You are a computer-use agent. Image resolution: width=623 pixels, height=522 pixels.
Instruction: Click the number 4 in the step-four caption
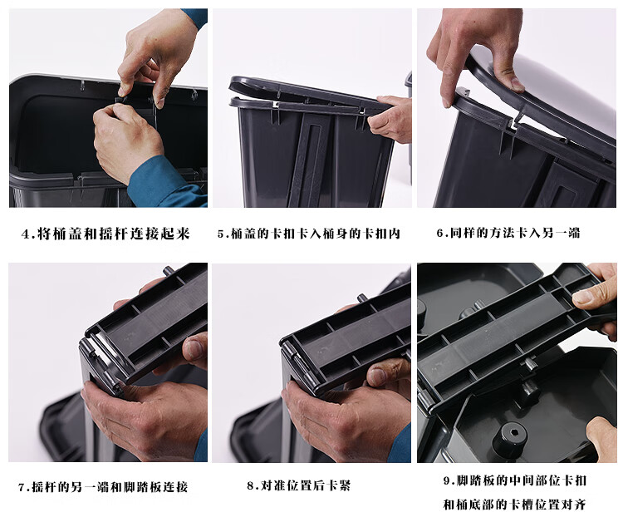(x=26, y=234)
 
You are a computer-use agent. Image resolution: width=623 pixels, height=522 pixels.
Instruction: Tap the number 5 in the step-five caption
(x=221, y=234)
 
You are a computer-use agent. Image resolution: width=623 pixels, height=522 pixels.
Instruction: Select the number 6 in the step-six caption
(x=439, y=233)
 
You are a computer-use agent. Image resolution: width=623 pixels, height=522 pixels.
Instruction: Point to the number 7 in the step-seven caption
(x=22, y=487)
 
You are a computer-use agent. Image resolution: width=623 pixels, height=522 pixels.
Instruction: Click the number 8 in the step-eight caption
(x=250, y=486)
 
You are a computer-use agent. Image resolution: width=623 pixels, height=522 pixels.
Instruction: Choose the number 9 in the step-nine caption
(x=447, y=481)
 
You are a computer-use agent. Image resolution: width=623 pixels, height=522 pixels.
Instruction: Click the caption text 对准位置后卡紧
(x=305, y=485)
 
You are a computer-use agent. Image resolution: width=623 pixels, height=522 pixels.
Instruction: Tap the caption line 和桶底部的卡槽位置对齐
(x=514, y=505)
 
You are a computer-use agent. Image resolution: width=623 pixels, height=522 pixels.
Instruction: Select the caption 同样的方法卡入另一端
(x=515, y=233)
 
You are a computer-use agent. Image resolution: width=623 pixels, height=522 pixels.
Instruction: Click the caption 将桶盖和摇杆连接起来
(x=113, y=234)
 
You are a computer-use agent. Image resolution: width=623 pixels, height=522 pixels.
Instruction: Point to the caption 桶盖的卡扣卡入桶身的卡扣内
(x=315, y=234)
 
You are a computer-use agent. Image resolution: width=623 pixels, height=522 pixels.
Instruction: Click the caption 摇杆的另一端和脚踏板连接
(x=110, y=487)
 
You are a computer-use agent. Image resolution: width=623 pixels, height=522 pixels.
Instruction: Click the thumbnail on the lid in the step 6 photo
(x=517, y=84)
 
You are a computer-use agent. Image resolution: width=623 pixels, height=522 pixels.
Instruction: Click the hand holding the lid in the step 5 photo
(x=390, y=119)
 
